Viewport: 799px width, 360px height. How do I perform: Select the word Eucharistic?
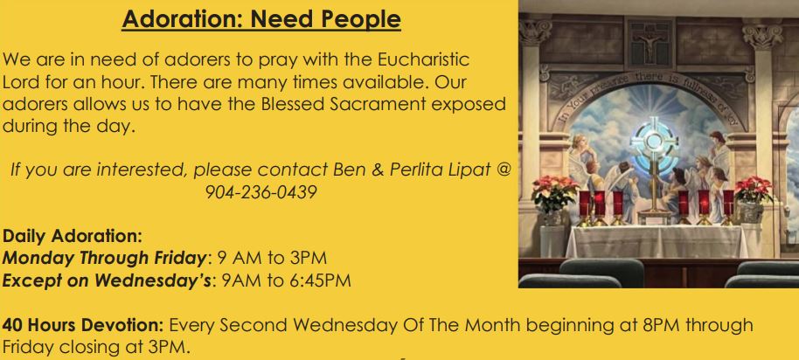(423, 59)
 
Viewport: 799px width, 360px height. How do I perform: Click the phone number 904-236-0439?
(261, 192)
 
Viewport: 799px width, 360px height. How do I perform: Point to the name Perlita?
(413, 169)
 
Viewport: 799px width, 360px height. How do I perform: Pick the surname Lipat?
(465, 170)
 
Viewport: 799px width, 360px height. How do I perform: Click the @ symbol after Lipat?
(502, 170)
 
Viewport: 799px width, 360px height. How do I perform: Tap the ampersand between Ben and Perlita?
(377, 170)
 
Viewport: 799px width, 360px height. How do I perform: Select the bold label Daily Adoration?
(72, 236)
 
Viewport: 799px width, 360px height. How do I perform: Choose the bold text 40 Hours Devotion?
(83, 325)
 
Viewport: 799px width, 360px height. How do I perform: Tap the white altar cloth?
(657, 241)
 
